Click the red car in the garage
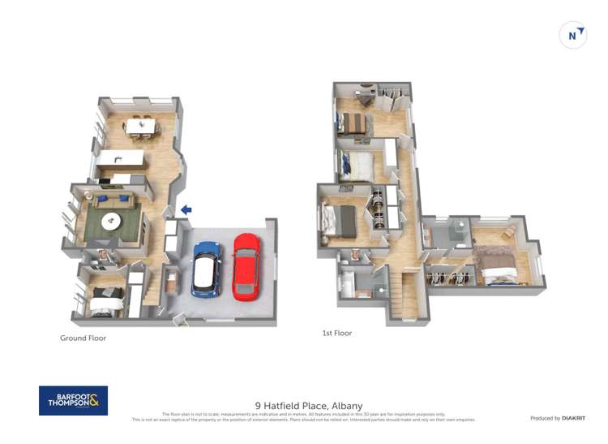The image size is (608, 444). (x=247, y=265)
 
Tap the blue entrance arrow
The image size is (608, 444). (x=186, y=209)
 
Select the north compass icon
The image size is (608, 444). (x=574, y=35)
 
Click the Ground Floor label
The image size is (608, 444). (x=83, y=338)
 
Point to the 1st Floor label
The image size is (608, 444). (x=337, y=333)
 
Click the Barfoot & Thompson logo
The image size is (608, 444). (x=73, y=400)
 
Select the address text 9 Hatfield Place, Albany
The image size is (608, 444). (x=309, y=405)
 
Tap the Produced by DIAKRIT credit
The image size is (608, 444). (x=558, y=418)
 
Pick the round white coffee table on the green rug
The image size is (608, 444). (x=111, y=221)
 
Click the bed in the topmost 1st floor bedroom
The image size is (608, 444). (x=354, y=123)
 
